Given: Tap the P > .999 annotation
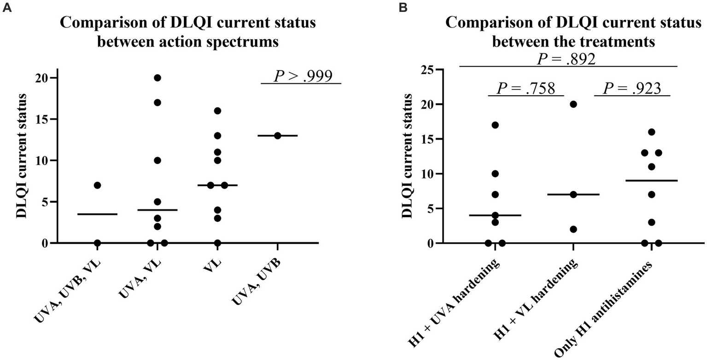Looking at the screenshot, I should tap(303, 76).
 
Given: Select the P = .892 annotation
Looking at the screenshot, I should tap(569, 59).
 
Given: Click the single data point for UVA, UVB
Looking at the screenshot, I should tap(277, 136).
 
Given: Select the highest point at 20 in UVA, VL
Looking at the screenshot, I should tap(158, 78).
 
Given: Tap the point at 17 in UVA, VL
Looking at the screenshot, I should tap(158, 103).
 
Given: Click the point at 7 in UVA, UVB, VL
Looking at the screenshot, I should tap(97, 185).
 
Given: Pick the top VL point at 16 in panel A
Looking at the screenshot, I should tap(217, 110).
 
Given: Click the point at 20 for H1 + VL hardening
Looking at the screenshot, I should tap(573, 104).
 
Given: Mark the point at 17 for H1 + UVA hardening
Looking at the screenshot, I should tap(495, 125).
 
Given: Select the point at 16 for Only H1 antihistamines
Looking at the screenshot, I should tap(651, 132).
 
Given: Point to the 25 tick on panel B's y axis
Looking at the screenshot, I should tap(429, 70).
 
